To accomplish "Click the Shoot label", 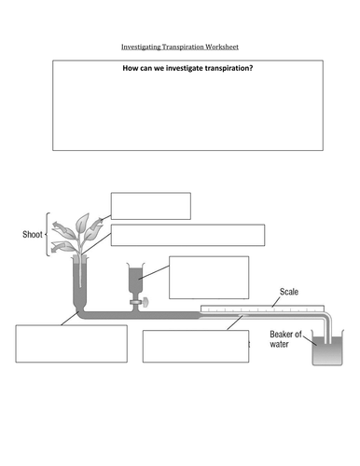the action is (33, 234).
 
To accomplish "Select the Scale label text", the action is (289, 292).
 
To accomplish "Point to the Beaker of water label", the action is (285, 339).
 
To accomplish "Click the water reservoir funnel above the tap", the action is (136, 278).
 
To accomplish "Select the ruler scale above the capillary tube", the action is (262, 308).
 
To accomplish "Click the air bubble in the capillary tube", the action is (242, 316).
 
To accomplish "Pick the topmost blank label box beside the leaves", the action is (151, 206).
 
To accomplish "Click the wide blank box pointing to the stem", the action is (187, 235).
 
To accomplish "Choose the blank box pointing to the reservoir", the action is (209, 278).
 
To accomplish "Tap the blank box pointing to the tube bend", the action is (71, 344).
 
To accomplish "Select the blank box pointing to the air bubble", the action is (196, 346).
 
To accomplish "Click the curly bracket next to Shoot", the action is (48, 234).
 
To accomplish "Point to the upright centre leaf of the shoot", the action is (82, 223).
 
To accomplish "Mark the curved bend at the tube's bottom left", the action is (79, 312).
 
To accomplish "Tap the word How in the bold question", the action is (129, 68).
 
